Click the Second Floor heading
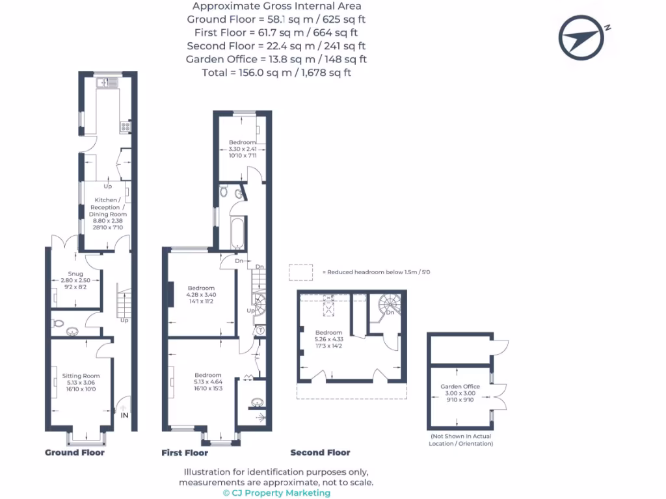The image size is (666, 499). coord(320,453)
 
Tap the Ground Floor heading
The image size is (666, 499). coord(74,453)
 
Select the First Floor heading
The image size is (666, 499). coord(185,453)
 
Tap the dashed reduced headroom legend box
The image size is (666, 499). coord(300,272)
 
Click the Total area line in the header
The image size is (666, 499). coord(276,73)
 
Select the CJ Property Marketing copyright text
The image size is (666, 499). coord(276,493)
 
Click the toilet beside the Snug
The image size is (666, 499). coord(59,324)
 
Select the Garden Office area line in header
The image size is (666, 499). coord(276,59)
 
